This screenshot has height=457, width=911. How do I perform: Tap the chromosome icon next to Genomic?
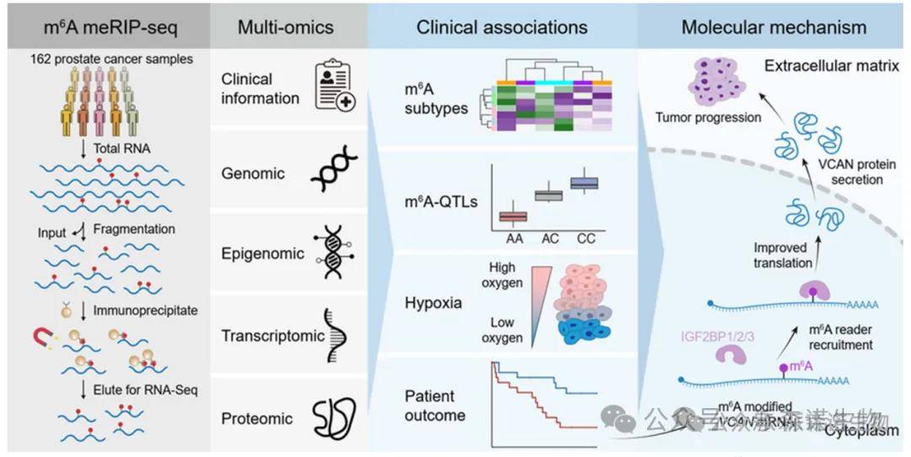[334, 174]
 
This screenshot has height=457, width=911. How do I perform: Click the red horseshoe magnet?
[38, 337]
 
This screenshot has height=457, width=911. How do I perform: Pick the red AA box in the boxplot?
[513, 217]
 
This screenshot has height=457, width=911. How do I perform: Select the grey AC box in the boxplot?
[549, 196]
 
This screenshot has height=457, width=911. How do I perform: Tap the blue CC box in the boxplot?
[584, 183]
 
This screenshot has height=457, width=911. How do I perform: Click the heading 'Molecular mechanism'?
[774, 27]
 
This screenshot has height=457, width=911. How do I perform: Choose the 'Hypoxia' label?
[434, 303]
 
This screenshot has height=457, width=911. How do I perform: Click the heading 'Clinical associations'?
[502, 27]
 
